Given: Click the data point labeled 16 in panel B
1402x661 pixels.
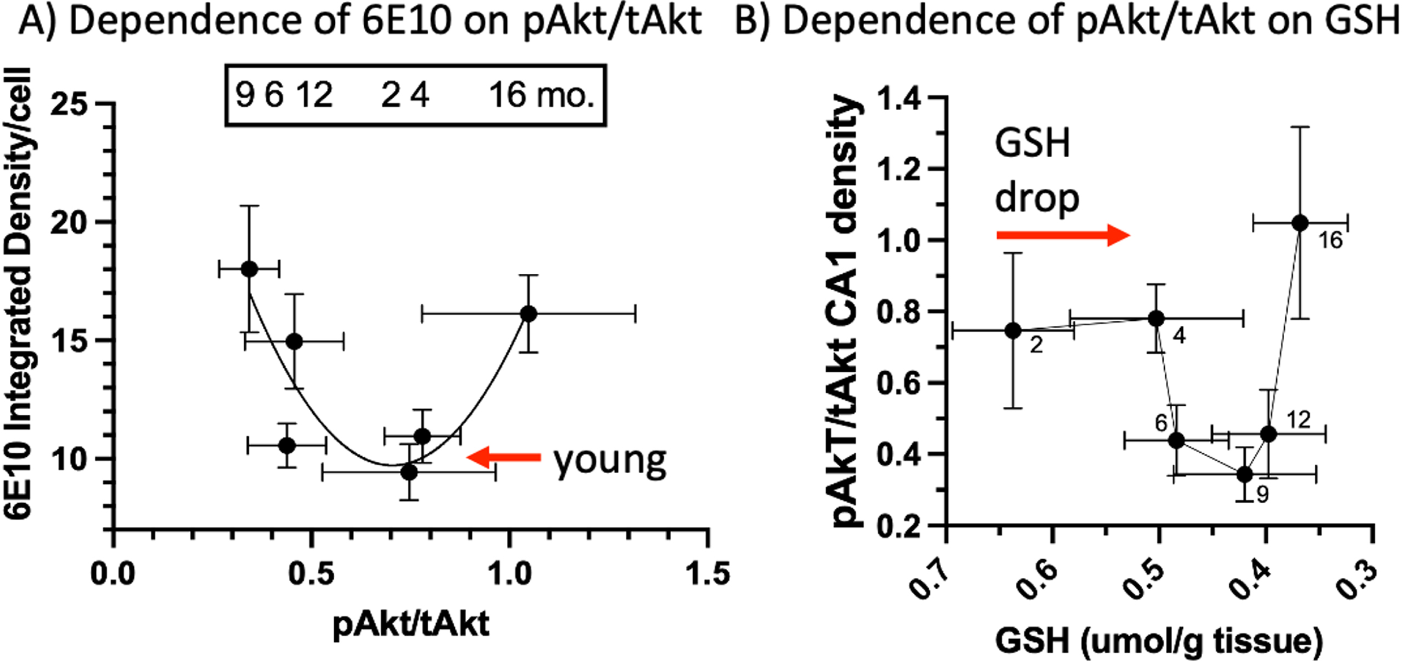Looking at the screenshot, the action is click(x=1300, y=223).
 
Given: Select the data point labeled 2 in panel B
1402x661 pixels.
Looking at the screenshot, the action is click(x=1013, y=330).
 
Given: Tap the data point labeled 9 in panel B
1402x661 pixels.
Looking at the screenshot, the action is click(x=1245, y=474).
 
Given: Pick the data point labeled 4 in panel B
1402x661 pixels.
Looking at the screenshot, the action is click(x=1156, y=318).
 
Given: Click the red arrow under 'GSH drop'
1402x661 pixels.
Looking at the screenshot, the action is click(x=1063, y=235).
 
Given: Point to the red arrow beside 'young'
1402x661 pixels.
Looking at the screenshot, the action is click(x=503, y=457).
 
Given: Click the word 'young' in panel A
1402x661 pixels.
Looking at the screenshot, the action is click(x=610, y=461).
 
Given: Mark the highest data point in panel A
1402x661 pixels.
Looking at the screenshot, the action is click(x=249, y=269).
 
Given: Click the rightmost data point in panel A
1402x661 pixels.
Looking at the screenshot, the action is click(x=528, y=314).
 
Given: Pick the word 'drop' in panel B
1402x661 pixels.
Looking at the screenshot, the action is click(x=1037, y=198).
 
